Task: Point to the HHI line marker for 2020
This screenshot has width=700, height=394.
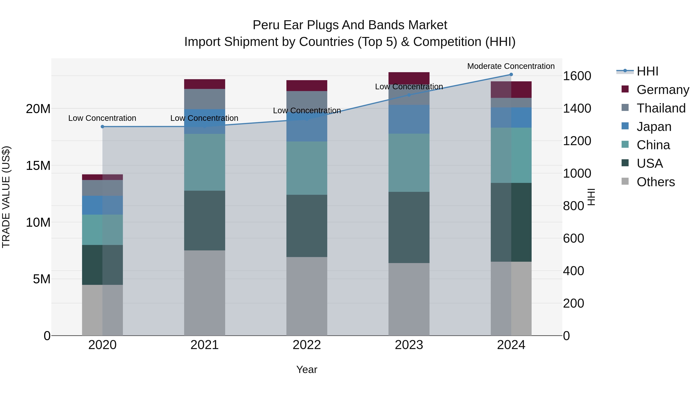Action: coord(102,127)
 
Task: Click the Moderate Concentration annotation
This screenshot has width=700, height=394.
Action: coord(511,66)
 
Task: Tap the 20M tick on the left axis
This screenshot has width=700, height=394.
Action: coord(38,109)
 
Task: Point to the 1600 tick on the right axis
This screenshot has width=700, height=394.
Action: coord(577,76)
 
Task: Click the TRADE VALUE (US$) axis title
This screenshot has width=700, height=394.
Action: coord(6,197)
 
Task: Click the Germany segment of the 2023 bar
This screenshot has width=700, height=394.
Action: coord(409,77)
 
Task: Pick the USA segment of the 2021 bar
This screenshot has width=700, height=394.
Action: coord(204,220)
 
